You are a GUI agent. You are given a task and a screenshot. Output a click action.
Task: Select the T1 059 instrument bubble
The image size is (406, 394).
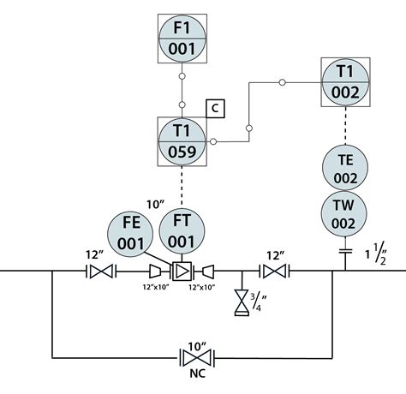tap(182, 140)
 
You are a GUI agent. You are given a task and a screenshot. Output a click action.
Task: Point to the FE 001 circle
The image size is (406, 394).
tap(132, 234)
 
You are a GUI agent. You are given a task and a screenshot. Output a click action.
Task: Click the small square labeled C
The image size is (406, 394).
tap(216, 109)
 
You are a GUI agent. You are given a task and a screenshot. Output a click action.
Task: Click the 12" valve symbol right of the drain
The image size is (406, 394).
tap(273, 272)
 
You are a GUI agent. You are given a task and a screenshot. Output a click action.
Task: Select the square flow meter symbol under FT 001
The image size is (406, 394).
tap(182, 272)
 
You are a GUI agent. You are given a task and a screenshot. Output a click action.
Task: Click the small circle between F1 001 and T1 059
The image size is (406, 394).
tap(182, 76)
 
